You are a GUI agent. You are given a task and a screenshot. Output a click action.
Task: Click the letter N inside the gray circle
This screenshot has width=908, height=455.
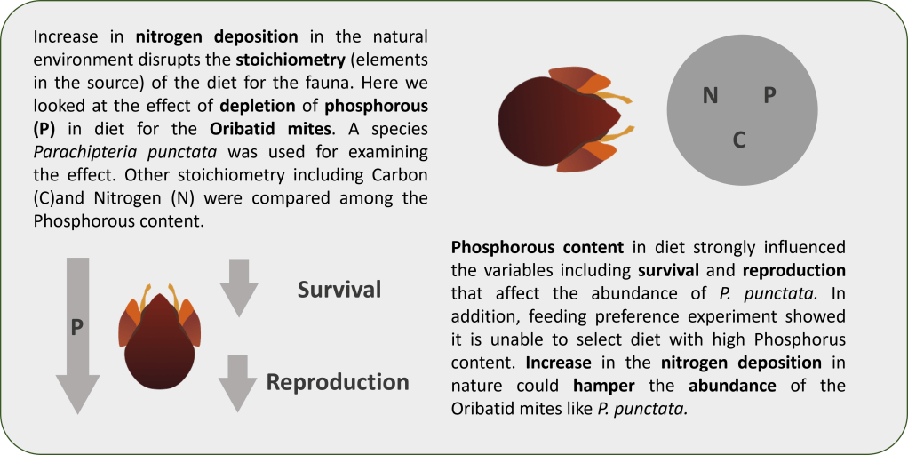[x=711, y=94]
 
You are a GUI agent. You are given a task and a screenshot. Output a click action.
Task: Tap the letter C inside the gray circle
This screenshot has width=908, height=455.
[x=739, y=140]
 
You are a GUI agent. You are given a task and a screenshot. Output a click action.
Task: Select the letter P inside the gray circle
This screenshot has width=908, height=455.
[x=769, y=94]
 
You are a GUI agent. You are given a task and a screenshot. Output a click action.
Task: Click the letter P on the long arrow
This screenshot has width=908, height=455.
[x=77, y=328]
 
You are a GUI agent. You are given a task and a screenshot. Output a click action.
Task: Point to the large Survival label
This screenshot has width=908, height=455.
[x=339, y=290]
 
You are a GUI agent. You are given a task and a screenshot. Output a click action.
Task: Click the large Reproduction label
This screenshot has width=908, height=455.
[x=338, y=382]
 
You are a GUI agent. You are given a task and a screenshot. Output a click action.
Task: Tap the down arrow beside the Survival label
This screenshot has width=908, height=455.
[x=239, y=288]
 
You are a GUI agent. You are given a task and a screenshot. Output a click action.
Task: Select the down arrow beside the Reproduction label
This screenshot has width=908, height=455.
[x=237, y=383]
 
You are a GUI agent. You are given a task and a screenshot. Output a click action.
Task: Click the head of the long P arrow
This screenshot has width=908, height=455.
[x=77, y=394]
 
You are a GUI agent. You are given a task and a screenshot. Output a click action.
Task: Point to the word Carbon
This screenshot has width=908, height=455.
[x=403, y=173]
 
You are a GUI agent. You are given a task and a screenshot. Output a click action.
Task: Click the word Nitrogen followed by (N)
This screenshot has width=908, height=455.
[x=125, y=198]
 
